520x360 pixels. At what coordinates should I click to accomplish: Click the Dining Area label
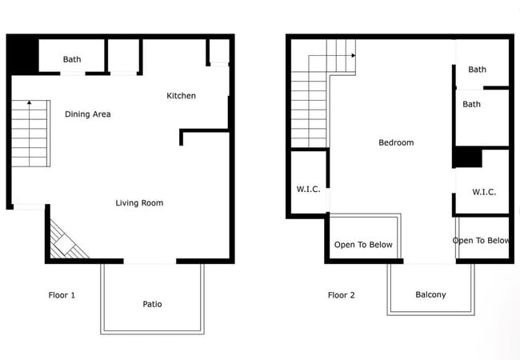(87, 114)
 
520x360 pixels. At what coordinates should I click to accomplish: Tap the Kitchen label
(181, 96)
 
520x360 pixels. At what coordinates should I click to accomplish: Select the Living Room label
(139, 203)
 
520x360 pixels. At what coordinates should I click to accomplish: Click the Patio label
(152, 304)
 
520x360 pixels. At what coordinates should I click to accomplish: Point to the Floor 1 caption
(62, 295)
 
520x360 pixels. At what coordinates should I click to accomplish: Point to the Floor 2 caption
(341, 295)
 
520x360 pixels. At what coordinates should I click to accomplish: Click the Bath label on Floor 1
(72, 59)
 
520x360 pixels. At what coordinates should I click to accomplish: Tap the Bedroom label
(396, 143)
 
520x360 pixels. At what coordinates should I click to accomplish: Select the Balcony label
(430, 295)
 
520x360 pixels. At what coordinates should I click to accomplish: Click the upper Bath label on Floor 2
(477, 70)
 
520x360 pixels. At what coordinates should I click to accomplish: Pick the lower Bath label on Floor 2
(471, 104)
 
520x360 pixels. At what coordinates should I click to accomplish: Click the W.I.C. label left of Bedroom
(308, 190)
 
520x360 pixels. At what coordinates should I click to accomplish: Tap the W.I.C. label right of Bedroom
(484, 192)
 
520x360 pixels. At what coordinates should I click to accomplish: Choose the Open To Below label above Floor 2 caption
(363, 245)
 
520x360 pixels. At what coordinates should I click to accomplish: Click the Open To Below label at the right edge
(481, 241)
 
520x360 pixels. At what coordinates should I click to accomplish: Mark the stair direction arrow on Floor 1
(29, 103)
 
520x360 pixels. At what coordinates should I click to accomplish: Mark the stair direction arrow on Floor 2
(352, 55)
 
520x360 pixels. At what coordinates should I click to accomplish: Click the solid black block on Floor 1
(22, 54)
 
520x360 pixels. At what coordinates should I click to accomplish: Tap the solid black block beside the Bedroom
(467, 158)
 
